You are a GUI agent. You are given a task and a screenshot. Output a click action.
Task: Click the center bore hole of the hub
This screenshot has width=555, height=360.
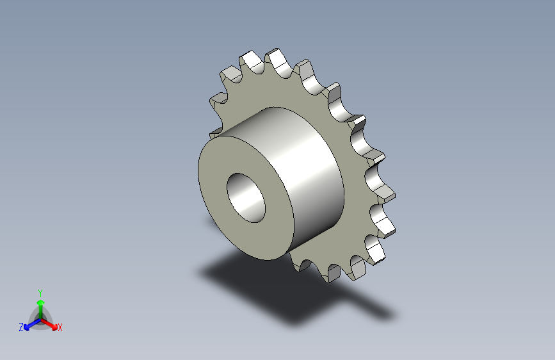coord(246,198)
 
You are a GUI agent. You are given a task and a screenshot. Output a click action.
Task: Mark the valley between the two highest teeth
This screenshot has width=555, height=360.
coord(265,69)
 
